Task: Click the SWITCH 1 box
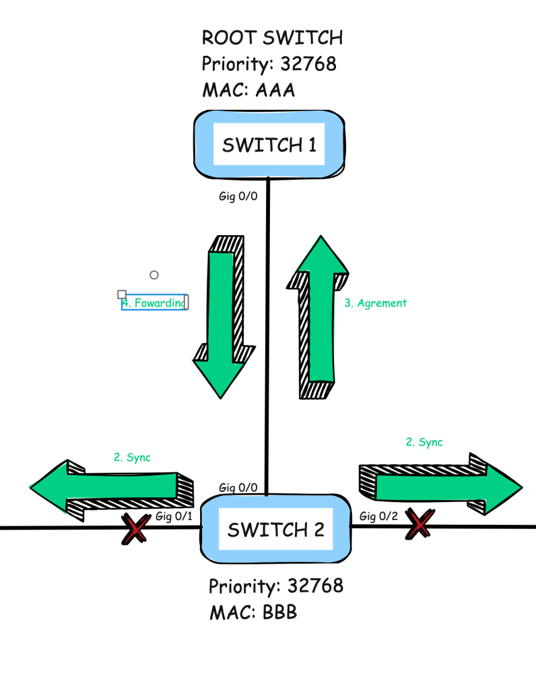(x=269, y=144)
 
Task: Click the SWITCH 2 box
(x=275, y=530)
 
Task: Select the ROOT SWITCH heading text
(x=272, y=38)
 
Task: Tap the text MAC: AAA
(x=248, y=90)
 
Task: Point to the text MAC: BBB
(x=253, y=613)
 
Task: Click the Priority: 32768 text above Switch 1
(x=269, y=65)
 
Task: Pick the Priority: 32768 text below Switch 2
(x=275, y=586)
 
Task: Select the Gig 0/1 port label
(x=174, y=517)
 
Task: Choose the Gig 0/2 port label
(x=378, y=517)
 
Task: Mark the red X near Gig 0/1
(x=135, y=529)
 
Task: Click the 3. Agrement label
(x=375, y=303)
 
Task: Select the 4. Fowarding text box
(x=154, y=303)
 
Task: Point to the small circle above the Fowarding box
(x=154, y=275)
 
